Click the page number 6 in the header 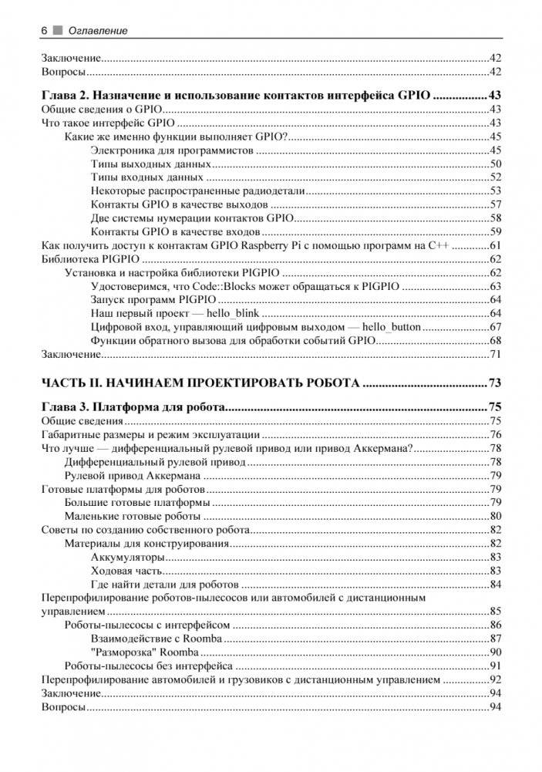click(44, 30)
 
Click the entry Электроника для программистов click(172, 150)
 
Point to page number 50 click(496, 164)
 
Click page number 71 click(496, 354)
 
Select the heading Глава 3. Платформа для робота click(132, 407)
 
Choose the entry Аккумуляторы click(127, 557)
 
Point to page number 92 click(496, 679)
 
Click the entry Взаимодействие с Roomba click(156, 639)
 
